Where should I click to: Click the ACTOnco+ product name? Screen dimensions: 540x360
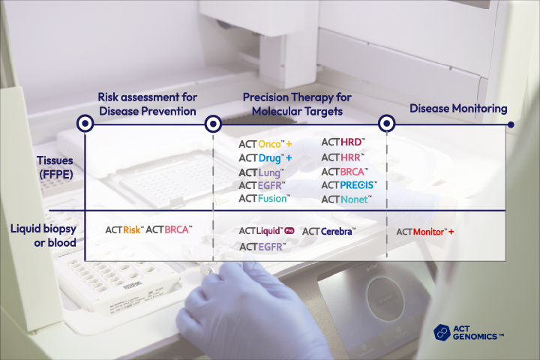tap(265, 144)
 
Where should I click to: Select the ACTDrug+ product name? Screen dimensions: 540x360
tap(265, 158)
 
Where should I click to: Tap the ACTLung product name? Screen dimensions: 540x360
tap(262, 172)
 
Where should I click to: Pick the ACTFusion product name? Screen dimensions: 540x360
tap(265, 199)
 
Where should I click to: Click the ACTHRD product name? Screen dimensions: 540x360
tap(343, 142)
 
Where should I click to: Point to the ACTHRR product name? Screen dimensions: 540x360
tap(343, 157)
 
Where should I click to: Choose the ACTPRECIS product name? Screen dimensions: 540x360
tap(349, 185)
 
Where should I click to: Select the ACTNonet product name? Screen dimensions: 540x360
tap(346, 199)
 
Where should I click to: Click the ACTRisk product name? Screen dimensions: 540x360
tap(124, 229)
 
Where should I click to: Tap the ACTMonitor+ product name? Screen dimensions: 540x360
tap(425, 232)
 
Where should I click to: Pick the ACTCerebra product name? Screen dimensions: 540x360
tap(329, 232)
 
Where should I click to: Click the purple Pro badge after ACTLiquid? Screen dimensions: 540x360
tap(289, 231)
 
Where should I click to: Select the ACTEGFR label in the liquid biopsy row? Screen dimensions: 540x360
tap(262, 247)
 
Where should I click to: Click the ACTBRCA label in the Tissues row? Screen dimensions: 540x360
tap(345, 172)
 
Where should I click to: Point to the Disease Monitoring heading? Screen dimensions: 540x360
tap(458, 109)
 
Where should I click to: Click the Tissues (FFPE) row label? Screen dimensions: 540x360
tap(55, 167)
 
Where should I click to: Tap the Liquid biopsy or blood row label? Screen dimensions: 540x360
tap(43, 235)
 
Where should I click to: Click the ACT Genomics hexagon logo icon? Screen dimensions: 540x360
tap(442, 333)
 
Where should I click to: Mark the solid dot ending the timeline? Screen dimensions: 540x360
tap(511, 124)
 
